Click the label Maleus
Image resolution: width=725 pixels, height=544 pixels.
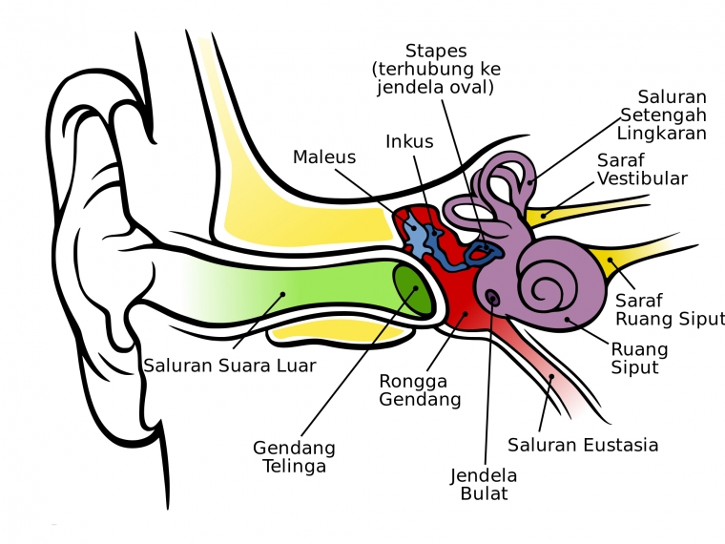[324, 157]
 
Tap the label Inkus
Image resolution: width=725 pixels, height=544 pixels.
[409, 141]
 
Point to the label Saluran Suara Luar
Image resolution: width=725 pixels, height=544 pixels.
[230, 365]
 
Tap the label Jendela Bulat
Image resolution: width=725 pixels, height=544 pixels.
[484, 485]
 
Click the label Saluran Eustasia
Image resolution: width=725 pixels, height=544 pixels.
[583, 445]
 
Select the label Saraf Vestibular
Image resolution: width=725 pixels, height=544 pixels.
[642, 169]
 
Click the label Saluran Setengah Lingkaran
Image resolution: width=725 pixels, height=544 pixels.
[660, 115]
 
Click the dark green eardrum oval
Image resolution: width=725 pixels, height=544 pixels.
[413, 290]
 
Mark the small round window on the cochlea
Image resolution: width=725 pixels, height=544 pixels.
[492, 299]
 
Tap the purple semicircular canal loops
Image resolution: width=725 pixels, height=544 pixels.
[501, 181]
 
